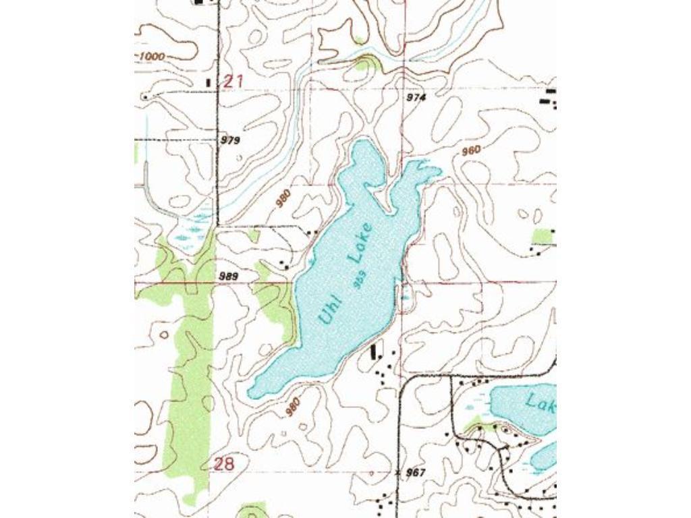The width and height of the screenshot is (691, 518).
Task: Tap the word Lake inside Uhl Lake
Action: click(360, 242)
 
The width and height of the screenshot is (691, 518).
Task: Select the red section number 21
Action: click(233, 82)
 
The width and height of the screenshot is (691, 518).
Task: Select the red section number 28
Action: click(224, 463)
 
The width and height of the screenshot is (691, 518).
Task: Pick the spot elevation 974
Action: click(416, 98)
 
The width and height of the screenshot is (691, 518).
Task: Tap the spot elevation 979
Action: click(231, 140)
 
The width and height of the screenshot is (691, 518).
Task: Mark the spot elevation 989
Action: click(228, 276)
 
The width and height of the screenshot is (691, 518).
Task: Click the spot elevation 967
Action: click(416, 473)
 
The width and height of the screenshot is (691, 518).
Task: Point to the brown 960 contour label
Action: click(470, 150)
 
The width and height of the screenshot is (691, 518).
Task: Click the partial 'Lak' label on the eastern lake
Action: click(540, 404)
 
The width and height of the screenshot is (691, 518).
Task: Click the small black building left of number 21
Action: click(208, 82)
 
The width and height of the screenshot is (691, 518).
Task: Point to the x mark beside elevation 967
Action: click(398, 472)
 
